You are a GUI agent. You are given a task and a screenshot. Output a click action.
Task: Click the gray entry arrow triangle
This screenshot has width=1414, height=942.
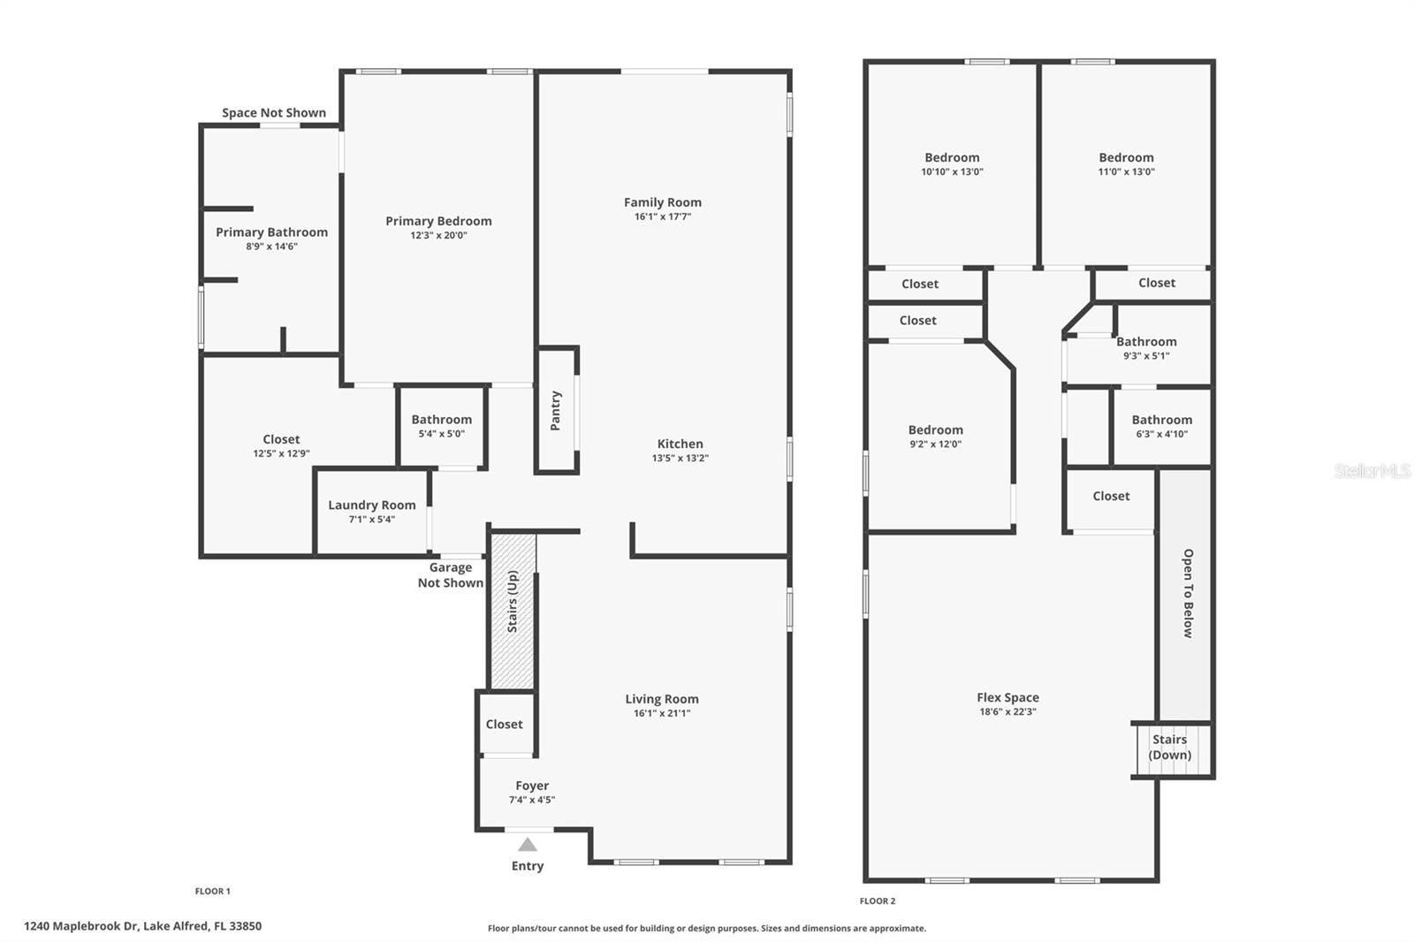(x=528, y=845)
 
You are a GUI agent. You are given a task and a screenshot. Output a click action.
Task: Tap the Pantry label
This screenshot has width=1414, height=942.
(x=556, y=411)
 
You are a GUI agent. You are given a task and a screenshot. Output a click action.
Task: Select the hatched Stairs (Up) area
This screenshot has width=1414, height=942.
(x=513, y=610)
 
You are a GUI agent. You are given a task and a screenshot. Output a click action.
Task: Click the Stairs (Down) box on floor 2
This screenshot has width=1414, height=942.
(x=1170, y=748)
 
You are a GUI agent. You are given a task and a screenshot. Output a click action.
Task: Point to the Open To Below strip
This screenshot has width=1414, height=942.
(x=1185, y=594)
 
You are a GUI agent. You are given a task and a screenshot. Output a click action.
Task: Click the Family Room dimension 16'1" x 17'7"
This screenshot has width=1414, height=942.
(x=663, y=217)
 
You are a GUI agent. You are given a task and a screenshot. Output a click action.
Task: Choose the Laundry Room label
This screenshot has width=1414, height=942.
(x=372, y=505)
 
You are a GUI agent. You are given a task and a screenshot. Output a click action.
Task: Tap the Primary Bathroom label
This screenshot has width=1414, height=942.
(x=271, y=232)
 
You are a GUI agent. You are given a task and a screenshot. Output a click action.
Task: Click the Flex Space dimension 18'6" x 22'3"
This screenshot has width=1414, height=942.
(x=1007, y=711)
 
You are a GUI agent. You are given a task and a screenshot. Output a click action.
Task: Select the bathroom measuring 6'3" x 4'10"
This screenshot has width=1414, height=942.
(x=1161, y=426)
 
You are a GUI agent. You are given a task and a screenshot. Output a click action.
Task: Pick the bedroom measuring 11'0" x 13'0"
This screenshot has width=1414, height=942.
(x=1126, y=163)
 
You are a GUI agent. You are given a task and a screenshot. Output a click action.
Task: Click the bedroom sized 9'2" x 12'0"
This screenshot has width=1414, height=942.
(x=935, y=437)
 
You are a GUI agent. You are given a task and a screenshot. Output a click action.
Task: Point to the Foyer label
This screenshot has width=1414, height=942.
(x=532, y=786)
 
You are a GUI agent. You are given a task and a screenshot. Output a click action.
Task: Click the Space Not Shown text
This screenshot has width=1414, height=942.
(x=274, y=113)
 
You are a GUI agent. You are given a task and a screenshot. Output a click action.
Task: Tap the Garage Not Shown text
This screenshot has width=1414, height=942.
(x=450, y=575)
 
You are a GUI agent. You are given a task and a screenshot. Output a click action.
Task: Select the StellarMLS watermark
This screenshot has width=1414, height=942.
(x=1372, y=471)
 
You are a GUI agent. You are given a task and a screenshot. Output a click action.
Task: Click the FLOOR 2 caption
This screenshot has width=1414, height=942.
(x=877, y=901)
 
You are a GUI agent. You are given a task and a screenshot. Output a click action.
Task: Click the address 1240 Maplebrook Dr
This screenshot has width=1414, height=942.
(x=142, y=926)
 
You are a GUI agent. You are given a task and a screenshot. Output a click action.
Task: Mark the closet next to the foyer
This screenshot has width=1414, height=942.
(x=505, y=725)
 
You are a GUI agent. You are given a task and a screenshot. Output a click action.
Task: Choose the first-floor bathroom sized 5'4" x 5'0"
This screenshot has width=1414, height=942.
(x=441, y=426)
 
